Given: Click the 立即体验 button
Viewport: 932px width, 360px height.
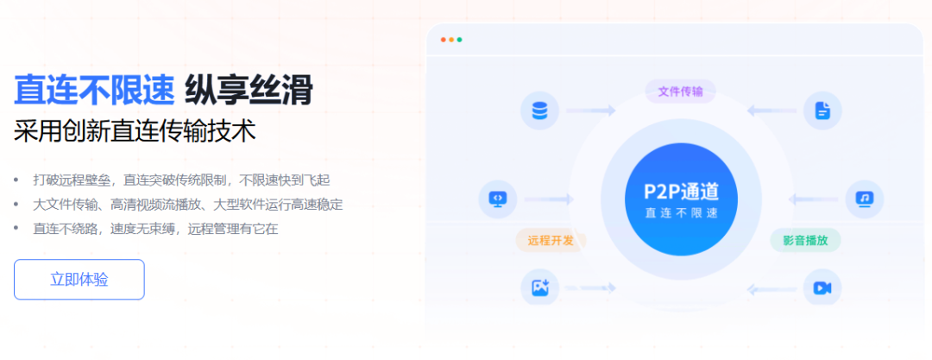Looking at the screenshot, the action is (x=79, y=279).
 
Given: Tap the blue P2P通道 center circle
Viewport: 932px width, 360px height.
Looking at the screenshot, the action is (x=681, y=199).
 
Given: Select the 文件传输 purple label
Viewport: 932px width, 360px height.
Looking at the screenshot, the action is (x=681, y=91).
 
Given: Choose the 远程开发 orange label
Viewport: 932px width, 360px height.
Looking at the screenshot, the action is (x=551, y=241).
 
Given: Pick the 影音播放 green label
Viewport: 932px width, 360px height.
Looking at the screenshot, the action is (x=805, y=241).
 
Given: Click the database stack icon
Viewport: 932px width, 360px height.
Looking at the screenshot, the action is (x=539, y=111).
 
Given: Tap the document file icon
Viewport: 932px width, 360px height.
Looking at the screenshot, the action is (x=822, y=111).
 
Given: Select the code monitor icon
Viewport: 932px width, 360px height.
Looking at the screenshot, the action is (x=498, y=199).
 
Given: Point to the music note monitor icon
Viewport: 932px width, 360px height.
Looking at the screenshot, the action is (x=865, y=199).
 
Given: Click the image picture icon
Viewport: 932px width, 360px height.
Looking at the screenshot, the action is (x=539, y=287).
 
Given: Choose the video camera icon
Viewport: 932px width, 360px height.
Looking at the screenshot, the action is (x=822, y=287).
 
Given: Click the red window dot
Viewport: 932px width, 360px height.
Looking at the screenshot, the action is (x=443, y=40).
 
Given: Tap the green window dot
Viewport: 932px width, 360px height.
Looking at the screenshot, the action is (x=460, y=40).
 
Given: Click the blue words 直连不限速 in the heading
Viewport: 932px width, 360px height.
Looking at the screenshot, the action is (x=93, y=89).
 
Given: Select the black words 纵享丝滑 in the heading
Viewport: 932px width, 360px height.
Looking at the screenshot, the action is (x=248, y=89).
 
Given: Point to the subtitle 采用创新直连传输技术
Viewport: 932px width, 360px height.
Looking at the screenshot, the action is (x=135, y=132).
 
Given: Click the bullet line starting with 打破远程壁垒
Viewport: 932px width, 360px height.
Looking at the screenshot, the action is (x=181, y=180).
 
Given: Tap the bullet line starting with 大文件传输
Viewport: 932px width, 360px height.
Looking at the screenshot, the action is (x=187, y=205).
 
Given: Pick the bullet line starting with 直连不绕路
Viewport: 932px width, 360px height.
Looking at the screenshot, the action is (x=155, y=229).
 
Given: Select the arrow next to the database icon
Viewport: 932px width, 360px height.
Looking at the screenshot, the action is (x=590, y=111).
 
